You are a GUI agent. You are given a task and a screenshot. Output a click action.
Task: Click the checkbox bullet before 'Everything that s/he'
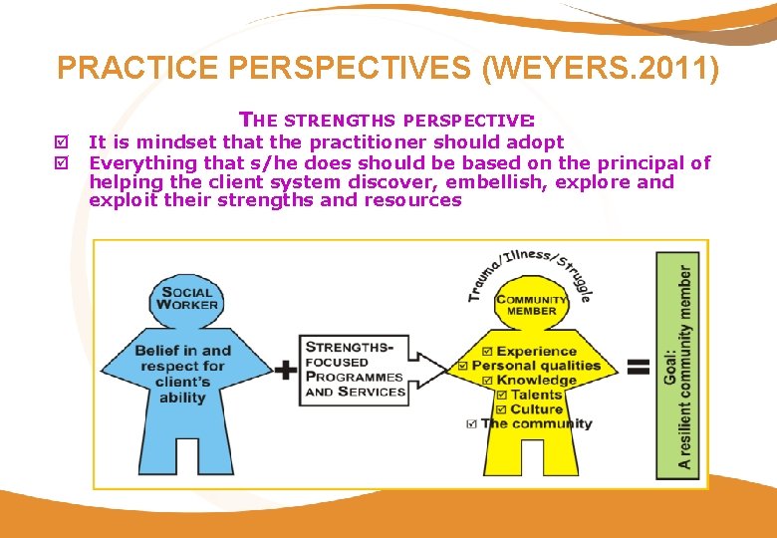(x=69, y=163)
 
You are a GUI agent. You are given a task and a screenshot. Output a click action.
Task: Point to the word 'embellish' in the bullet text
(x=481, y=182)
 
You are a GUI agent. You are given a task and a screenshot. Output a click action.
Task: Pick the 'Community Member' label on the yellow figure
(x=531, y=304)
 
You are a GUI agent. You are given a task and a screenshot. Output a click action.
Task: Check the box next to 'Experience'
(x=485, y=351)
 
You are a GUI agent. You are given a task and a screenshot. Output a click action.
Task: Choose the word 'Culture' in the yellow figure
(x=536, y=409)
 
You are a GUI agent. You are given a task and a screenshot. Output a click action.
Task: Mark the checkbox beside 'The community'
(x=470, y=423)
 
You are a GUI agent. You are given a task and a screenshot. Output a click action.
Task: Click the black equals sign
(x=637, y=369)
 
